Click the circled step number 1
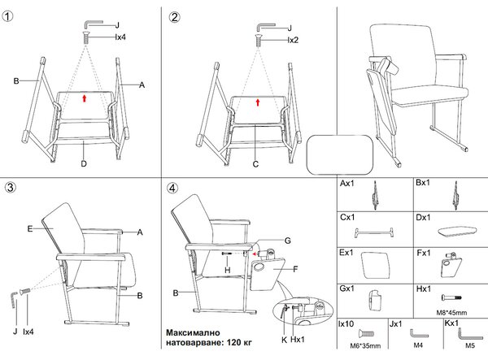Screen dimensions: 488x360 click(8, 16)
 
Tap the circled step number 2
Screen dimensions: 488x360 click(175, 17)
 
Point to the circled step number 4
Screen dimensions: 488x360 click(172, 188)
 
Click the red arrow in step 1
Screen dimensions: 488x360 click(84, 98)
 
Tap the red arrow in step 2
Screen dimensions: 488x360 click(258, 102)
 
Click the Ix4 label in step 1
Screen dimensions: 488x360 click(120, 37)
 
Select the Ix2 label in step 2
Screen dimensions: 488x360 click(293, 40)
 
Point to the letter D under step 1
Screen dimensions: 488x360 click(84, 163)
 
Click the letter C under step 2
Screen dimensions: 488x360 click(255, 164)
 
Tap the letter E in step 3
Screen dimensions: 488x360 click(30, 229)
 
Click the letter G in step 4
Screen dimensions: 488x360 click(288, 241)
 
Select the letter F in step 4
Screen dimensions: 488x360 click(296, 269)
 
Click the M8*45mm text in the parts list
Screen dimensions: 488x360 click(451, 313)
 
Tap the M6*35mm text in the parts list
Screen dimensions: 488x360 click(365, 345)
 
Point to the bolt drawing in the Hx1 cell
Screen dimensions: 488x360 click(451, 297)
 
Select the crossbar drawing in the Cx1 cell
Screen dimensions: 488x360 click(374, 232)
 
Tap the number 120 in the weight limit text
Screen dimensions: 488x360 click(233, 343)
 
